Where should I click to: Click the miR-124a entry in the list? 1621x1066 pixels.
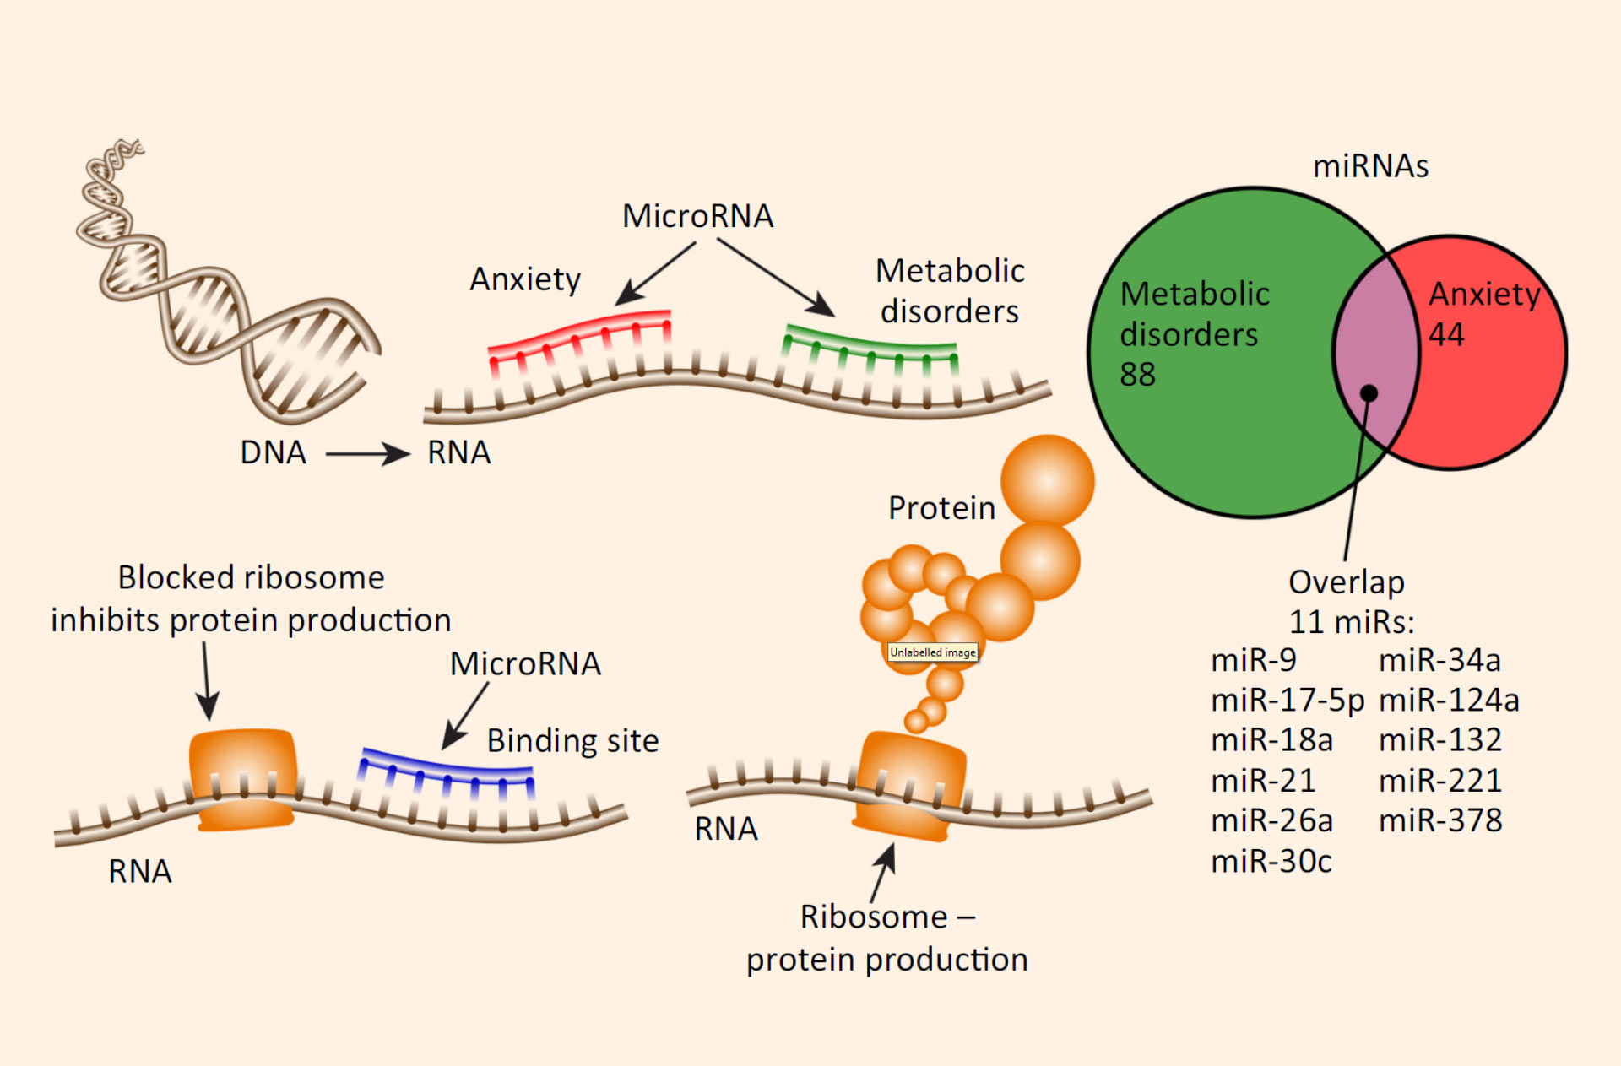[x=1449, y=700]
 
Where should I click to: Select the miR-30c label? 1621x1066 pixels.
[x=1271, y=861]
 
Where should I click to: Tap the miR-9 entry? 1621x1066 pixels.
[x=1254, y=659]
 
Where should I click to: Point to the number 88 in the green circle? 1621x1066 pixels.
[x=1137, y=374]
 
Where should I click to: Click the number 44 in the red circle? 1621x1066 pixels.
[x=1446, y=334]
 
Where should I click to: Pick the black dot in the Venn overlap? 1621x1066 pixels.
[x=1369, y=392]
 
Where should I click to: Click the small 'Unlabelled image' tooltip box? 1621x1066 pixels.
[x=933, y=652]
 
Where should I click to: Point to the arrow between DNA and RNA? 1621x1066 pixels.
[x=367, y=454]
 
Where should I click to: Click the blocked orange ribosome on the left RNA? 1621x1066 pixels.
[x=243, y=778]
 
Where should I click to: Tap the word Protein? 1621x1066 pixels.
[x=941, y=508]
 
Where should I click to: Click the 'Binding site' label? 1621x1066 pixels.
[x=572, y=740]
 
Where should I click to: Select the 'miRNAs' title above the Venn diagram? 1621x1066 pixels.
[x=1370, y=166]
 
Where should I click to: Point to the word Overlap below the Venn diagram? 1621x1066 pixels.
[x=1347, y=582]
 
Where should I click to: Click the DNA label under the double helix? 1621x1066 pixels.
[x=273, y=452]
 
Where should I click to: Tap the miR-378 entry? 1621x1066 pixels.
[x=1440, y=820]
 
